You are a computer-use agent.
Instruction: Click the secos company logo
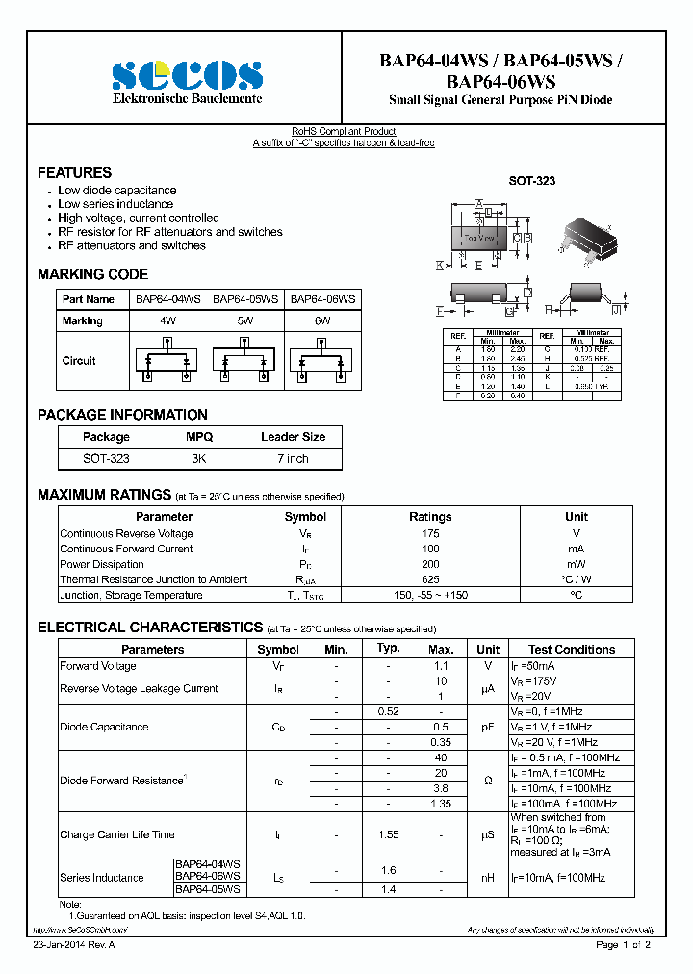click(187, 75)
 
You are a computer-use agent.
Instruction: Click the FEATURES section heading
click(74, 173)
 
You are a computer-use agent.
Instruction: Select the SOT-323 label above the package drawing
click(531, 181)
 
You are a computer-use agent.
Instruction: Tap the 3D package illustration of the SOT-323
click(589, 237)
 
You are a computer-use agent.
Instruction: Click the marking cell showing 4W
click(167, 320)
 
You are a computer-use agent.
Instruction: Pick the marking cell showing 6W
click(322, 320)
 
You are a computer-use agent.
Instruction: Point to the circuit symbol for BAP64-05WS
click(245, 361)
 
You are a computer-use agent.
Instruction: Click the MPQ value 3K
click(198, 459)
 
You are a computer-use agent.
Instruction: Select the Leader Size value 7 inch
click(293, 459)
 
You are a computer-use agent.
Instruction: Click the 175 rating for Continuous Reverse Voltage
click(430, 533)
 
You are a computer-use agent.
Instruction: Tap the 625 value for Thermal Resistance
click(430, 579)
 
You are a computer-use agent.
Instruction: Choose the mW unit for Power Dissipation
click(576, 564)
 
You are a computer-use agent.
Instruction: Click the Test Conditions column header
click(572, 650)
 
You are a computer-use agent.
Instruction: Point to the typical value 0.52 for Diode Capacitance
click(388, 711)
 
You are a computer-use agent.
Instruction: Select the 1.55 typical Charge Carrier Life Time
click(388, 834)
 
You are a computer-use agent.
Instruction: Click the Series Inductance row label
click(102, 878)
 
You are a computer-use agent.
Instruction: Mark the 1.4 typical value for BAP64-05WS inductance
click(388, 890)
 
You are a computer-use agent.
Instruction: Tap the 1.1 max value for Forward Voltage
click(441, 665)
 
